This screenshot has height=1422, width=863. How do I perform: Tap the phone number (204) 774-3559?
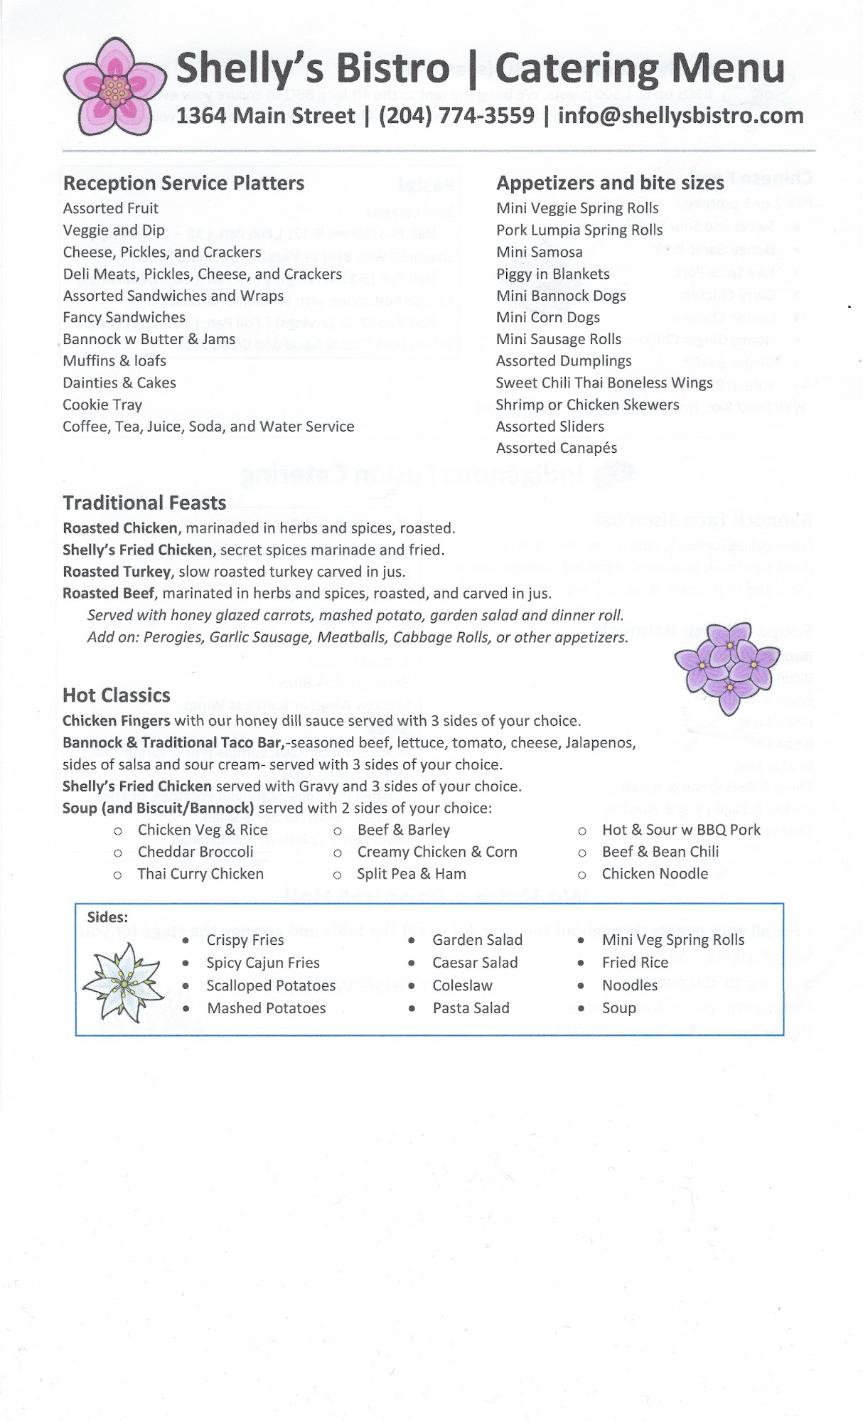tap(456, 115)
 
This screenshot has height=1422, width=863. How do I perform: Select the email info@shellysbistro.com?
tap(680, 115)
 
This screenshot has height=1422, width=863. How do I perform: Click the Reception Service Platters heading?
tap(183, 183)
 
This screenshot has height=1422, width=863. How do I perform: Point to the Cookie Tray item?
tap(102, 405)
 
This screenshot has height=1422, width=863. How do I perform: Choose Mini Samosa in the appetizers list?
tap(539, 252)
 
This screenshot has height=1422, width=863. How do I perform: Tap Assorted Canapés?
tap(556, 448)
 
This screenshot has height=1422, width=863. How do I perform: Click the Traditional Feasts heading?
tap(144, 503)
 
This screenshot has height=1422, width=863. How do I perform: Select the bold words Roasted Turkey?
tap(117, 572)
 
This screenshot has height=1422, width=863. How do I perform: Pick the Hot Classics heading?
tap(117, 695)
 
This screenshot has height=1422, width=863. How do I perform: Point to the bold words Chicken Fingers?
tap(117, 721)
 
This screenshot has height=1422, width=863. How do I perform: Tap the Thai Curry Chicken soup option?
tap(200, 874)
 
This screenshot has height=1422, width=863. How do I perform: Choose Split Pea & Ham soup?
tap(412, 874)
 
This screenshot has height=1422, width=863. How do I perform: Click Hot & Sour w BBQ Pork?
tap(681, 830)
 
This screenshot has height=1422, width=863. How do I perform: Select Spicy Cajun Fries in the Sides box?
tap(263, 963)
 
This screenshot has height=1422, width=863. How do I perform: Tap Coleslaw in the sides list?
tap(462, 985)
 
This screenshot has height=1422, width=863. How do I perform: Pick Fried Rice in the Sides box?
tap(635, 963)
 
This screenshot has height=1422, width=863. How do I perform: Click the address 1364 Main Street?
tap(266, 115)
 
